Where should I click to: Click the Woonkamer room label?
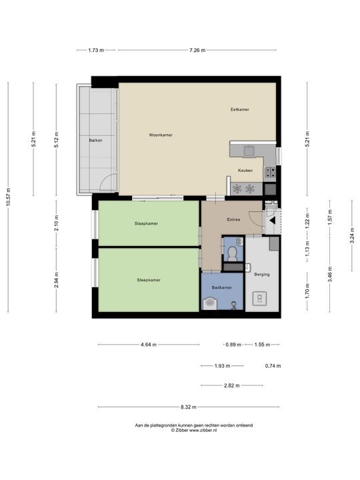[x=161, y=135]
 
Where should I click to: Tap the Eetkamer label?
[x=240, y=109]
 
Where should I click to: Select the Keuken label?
[x=245, y=171]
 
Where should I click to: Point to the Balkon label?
[x=95, y=141]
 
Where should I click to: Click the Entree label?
[x=233, y=219]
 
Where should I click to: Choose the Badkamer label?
[x=222, y=288]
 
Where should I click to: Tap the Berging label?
[x=262, y=274]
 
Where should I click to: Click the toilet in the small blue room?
[x=233, y=254]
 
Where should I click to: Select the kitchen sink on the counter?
[x=249, y=151]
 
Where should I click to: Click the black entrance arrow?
[x=272, y=221]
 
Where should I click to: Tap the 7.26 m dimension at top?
[x=197, y=50]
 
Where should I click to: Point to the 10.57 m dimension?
[x=8, y=197]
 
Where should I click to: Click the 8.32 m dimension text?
[x=189, y=407]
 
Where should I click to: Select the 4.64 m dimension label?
[x=149, y=345]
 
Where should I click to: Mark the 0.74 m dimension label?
[x=273, y=366]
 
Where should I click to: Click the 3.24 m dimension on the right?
[x=352, y=235]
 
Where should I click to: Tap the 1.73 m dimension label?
[x=96, y=50]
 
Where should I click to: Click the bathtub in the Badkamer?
[x=210, y=304]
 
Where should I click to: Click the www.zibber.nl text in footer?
[x=203, y=430]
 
